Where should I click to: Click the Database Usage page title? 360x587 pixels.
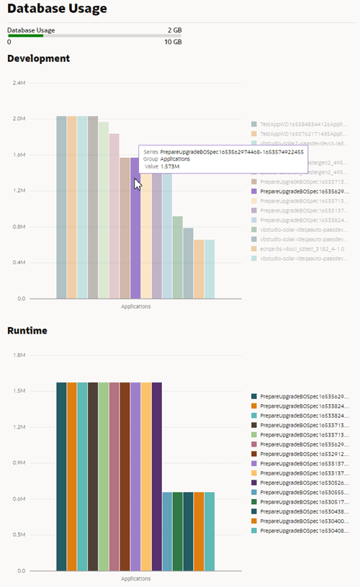[57, 9]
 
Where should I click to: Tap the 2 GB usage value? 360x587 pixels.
[174, 30]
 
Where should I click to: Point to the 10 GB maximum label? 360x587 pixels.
[173, 42]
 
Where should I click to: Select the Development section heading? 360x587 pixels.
[38, 58]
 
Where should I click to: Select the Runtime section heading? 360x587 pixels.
[27, 331]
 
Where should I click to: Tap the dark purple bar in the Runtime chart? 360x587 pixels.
[156, 475]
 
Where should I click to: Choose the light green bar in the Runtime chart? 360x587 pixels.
[104, 475]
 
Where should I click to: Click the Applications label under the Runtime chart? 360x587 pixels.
[135, 578]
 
